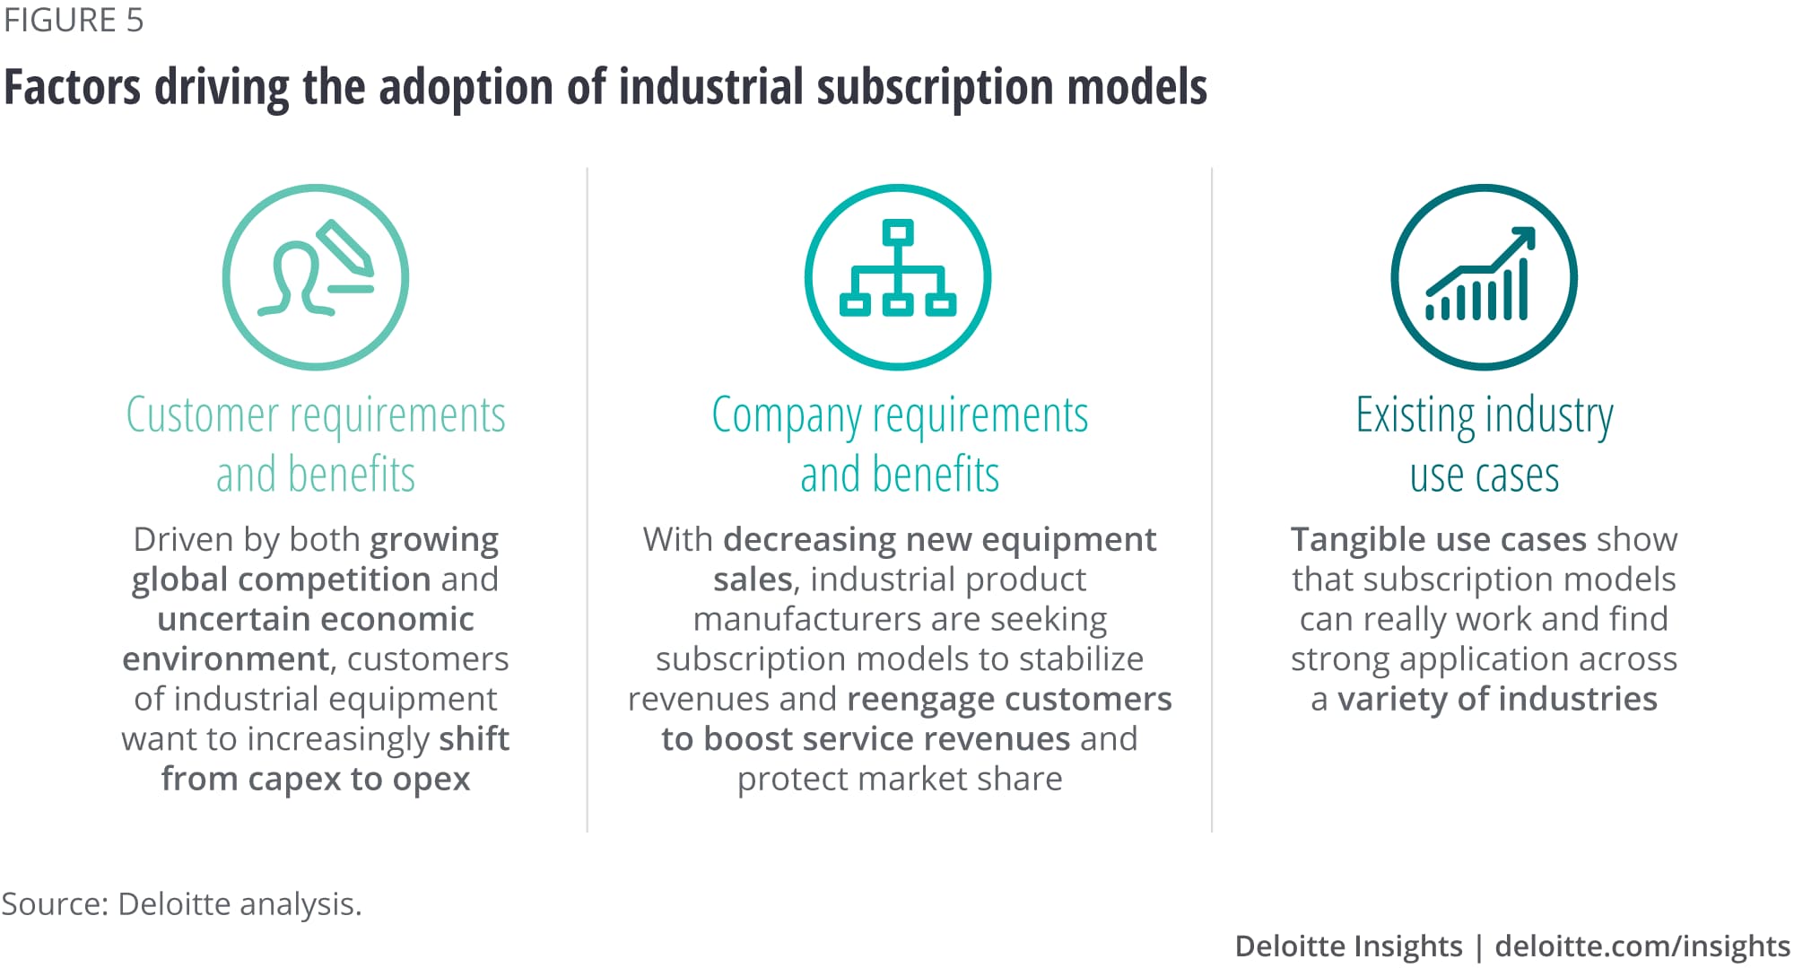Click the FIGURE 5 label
tap(74, 20)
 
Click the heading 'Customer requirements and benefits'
tap(316, 444)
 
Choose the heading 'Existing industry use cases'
tap(1485, 444)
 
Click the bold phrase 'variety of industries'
tap(1497, 699)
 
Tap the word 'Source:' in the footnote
tap(55, 903)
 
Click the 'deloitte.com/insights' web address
tap(1642, 946)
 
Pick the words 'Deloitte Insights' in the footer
tap(1348, 946)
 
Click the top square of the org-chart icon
tap(898, 232)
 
